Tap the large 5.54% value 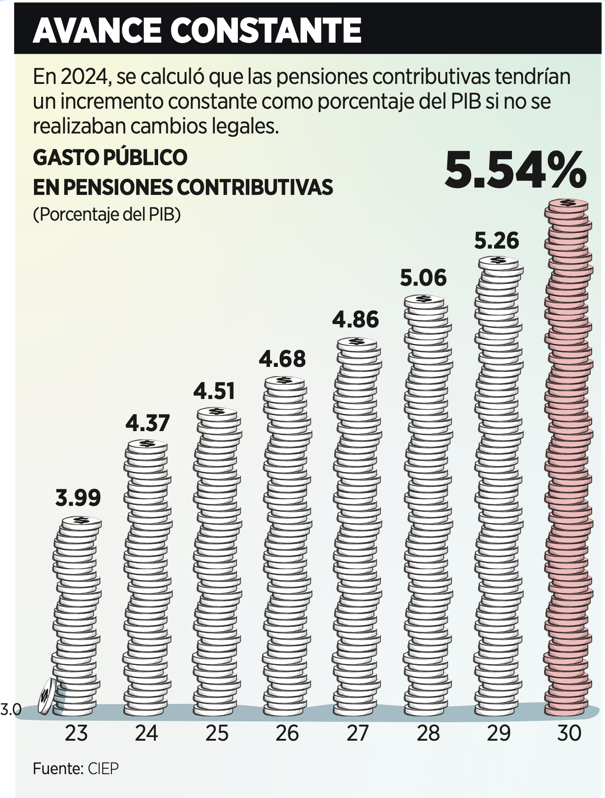pyautogui.click(x=515, y=171)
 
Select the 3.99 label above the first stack pyautogui.click(x=78, y=498)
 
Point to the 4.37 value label pyautogui.click(x=148, y=423)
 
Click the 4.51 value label pyautogui.click(x=214, y=391)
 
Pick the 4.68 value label pyautogui.click(x=282, y=359)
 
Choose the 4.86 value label pyautogui.click(x=356, y=320)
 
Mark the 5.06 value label pyautogui.click(x=423, y=278)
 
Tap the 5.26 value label pyautogui.click(x=496, y=241)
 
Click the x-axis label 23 pyautogui.click(x=76, y=733)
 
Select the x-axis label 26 pyautogui.click(x=287, y=733)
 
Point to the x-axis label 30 pyautogui.click(x=569, y=733)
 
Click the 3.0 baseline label pyautogui.click(x=11, y=710)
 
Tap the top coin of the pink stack pyautogui.click(x=567, y=204)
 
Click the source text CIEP pyautogui.click(x=103, y=769)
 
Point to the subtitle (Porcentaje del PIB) pyautogui.click(x=107, y=214)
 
